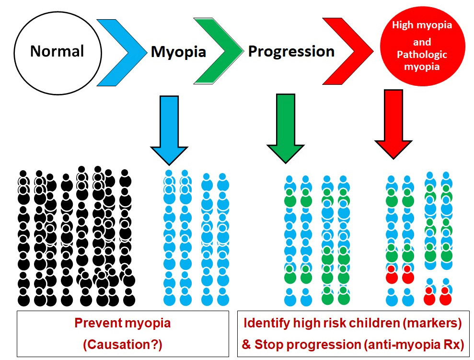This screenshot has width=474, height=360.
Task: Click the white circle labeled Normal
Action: [58, 53]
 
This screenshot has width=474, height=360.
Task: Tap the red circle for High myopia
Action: [422, 46]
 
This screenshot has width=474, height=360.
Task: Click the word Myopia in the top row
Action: [179, 52]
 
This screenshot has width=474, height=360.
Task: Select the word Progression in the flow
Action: [291, 51]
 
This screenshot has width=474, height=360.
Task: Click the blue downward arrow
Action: [169, 130]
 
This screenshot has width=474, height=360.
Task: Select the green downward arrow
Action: [286, 128]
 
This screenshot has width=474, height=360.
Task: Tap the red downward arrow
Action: [393, 124]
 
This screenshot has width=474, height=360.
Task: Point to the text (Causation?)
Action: [123, 344]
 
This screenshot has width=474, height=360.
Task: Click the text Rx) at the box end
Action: [454, 344]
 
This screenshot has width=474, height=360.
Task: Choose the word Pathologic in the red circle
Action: [422, 55]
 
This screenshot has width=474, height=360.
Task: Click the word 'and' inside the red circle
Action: [422, 42]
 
